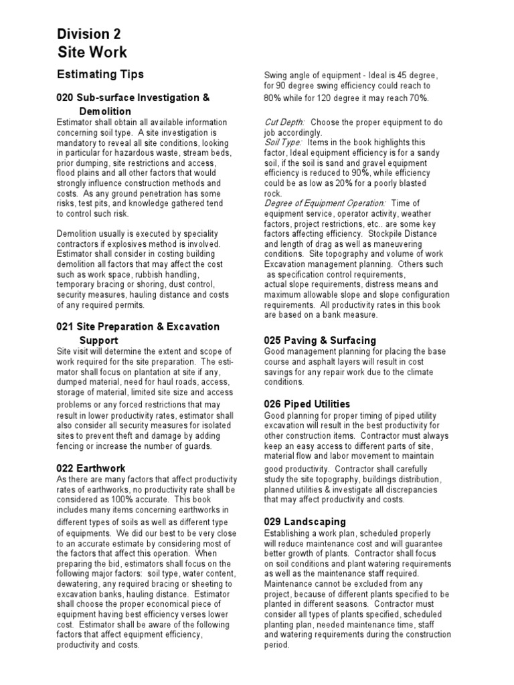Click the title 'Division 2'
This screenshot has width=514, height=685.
point(88,35)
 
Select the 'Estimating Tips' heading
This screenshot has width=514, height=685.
point(99,74)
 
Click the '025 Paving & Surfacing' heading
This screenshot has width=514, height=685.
point(320,340)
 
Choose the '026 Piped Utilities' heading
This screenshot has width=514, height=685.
point(307,404)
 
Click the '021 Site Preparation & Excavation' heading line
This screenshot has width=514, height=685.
point(138,326)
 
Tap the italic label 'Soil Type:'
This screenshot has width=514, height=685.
point(283,142)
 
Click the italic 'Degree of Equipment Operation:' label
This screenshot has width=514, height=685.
point(325,203)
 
